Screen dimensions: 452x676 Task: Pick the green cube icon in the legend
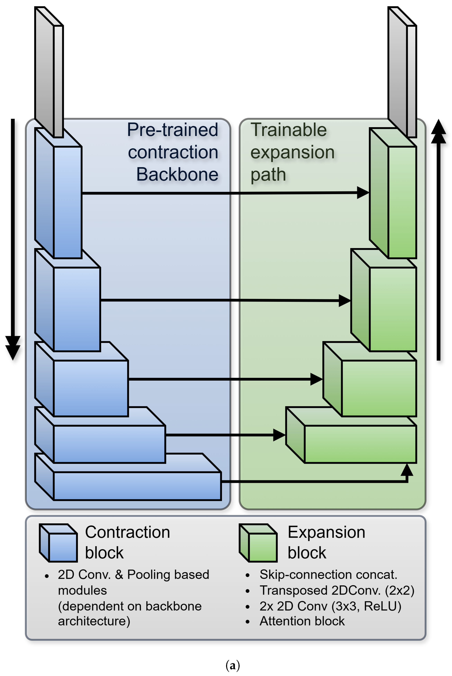coord(258,543)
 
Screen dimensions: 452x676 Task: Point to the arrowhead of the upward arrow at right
coord(438,131)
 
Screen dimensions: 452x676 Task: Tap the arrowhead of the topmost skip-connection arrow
coord(363,193)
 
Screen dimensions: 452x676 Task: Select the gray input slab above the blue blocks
coord(49,72)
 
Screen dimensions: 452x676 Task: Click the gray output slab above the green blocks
coord(402,72)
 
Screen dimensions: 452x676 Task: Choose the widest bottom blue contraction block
coord(128,477)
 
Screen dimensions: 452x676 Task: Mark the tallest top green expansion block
coord(393,193)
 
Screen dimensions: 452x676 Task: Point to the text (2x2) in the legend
coord(400,590)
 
